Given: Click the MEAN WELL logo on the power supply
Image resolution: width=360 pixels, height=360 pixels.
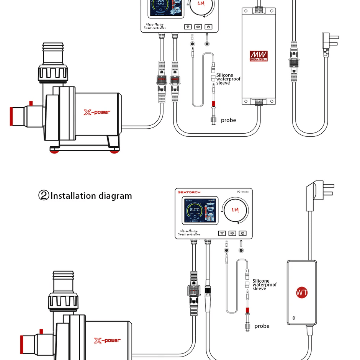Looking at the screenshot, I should coord(259,56).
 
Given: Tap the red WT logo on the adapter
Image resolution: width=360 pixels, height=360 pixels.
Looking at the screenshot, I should coord(302,293).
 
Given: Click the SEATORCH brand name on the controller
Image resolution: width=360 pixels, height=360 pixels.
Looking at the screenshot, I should coord(189,192).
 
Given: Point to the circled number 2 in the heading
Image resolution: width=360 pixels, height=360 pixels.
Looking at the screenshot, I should coord(44,196).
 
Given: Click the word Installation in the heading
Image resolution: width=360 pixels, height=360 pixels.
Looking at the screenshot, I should coord(74,196).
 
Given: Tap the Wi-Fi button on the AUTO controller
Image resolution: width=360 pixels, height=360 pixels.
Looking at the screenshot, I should coord(222,233).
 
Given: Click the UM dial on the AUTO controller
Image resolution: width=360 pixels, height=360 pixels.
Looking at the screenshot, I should coord(235,210).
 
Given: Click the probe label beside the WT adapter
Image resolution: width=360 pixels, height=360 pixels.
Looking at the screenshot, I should coord(262,326).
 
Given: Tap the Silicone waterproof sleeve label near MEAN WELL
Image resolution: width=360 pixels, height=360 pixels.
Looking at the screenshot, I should coord(228,79).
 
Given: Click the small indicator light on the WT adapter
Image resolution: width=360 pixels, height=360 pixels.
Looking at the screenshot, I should coord(293,318).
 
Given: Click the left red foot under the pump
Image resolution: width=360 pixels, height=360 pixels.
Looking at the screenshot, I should coord(56,151).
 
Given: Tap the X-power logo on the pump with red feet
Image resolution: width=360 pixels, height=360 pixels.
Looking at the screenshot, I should coord(97,112).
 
